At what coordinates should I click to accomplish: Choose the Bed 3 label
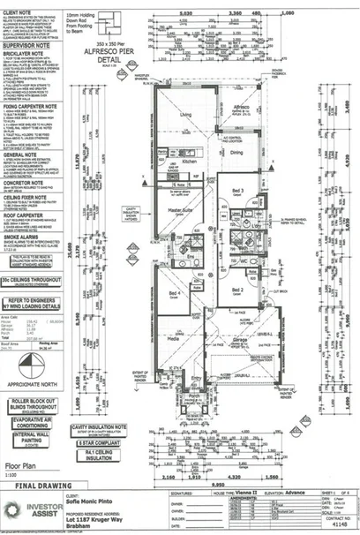coord(236,192)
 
